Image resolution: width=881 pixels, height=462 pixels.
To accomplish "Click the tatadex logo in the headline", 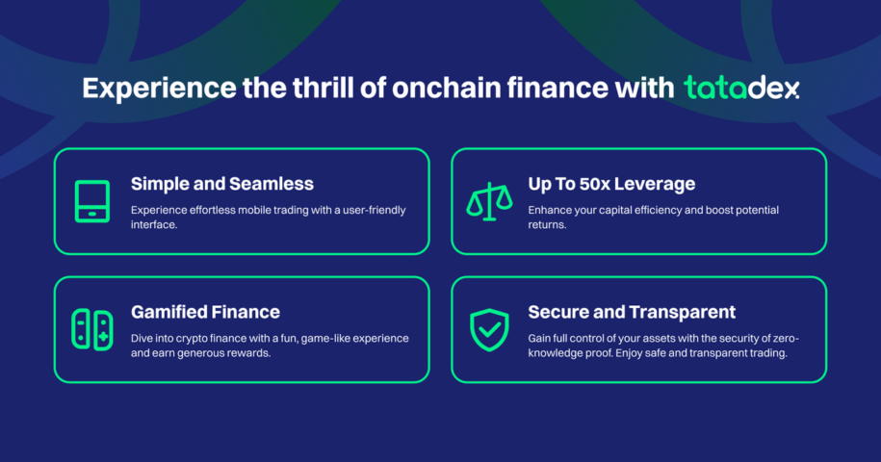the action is pos(741,88).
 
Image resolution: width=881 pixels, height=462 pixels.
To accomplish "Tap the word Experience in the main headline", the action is pos(159,89).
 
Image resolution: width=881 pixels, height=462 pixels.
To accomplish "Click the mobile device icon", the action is pos(92,201).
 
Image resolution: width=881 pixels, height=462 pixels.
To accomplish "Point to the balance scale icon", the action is pos(489,202).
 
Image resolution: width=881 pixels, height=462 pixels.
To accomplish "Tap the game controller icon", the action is pos(92,329).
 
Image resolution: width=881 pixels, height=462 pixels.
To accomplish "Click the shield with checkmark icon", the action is pos(489,330).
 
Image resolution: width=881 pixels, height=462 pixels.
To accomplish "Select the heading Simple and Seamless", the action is pos(222,184).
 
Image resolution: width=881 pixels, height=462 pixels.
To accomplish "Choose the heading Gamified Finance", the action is pos(205,312).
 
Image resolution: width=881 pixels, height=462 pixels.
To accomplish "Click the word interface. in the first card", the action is pos(154,224).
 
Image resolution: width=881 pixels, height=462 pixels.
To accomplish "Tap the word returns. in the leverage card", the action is pos(547,224).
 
